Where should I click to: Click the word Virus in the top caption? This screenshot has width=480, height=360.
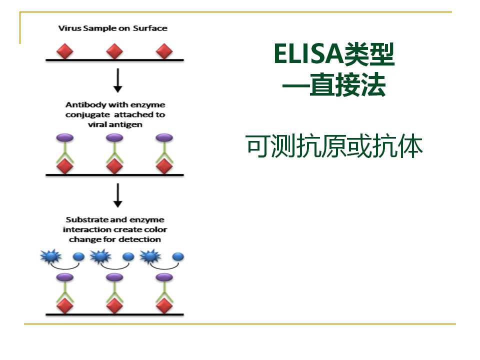[x=70, y=28]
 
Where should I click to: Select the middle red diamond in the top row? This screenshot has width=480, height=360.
[x=114, y=51]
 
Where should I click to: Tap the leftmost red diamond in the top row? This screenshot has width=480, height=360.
[x=65, y=51]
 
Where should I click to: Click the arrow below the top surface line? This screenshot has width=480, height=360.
[x=118, y=80]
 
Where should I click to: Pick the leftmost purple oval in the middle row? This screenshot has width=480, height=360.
[x=65, y=138]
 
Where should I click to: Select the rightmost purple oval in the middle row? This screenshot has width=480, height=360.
[x=164, y=138]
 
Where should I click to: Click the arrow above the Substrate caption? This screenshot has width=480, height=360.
[x=118, y=195]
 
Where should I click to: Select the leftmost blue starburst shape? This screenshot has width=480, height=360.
[x=51, y=256]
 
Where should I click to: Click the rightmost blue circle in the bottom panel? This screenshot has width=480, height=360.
[x=178, y=257]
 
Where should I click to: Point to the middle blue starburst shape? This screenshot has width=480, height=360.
[x=100, y=256]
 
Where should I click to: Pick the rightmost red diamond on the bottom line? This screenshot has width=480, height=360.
[x=164, y=305]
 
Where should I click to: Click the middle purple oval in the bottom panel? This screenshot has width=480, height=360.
[x=114, y=277]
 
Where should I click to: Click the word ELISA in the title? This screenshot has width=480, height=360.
[x=308, y=54]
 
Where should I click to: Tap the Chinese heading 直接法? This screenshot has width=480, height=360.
[x=347, y=85]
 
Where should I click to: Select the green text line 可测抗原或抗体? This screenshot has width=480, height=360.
[x=334, y=146]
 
